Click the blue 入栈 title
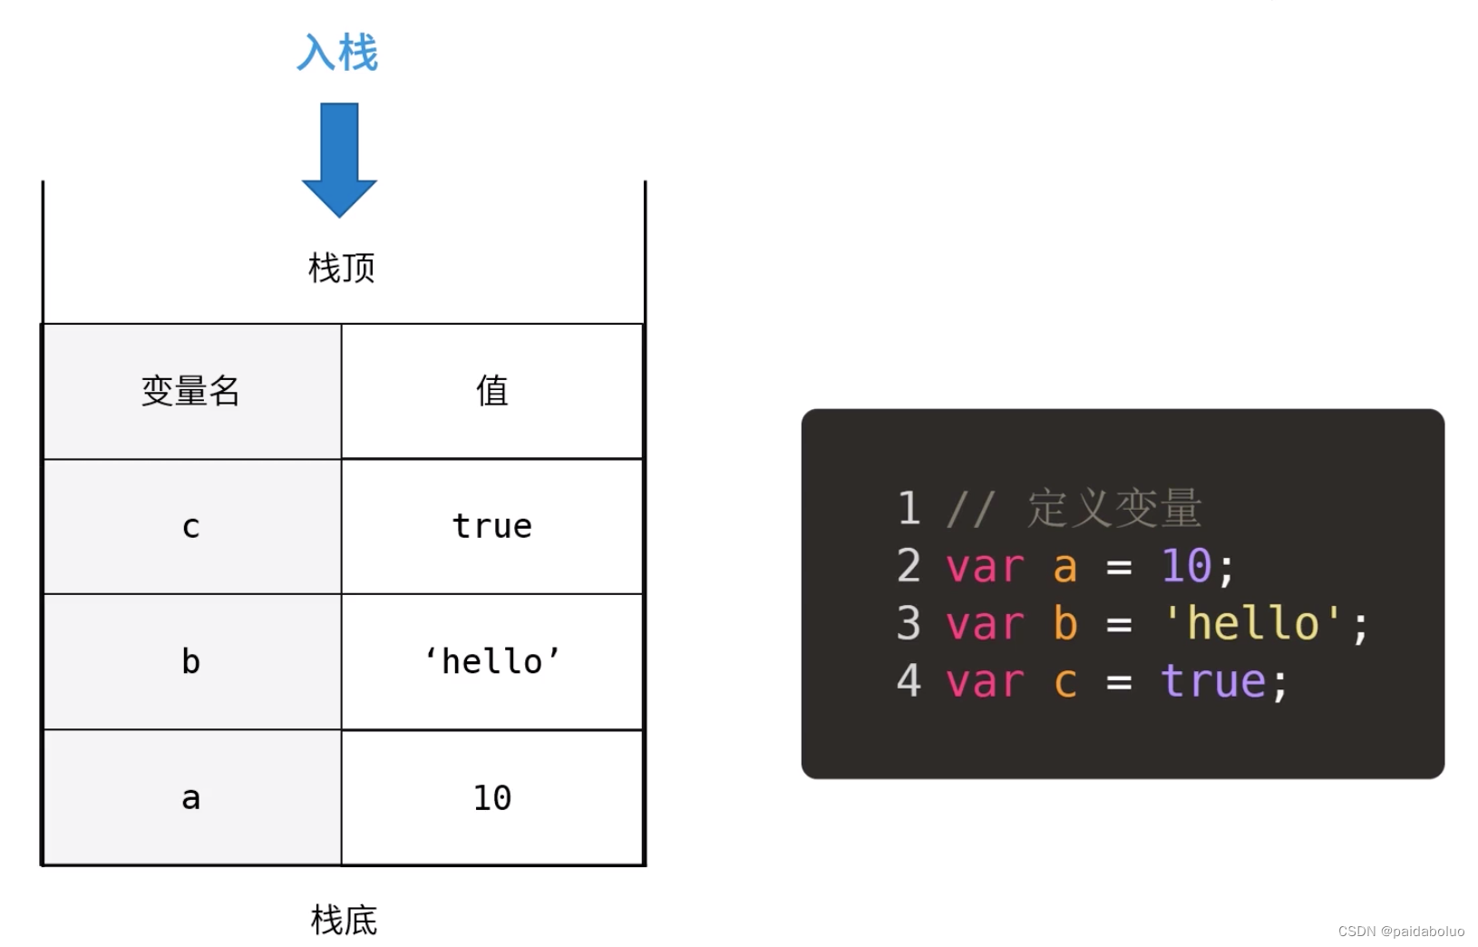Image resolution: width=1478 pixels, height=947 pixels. click(x=337, y=53)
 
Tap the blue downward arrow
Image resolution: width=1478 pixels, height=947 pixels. click(x=339, y=159)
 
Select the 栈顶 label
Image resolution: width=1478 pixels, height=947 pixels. click(x=342, y=268)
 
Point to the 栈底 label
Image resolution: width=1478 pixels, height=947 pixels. click(x=344, y=920)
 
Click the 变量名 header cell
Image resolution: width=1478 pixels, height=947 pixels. click(x=191, y=391)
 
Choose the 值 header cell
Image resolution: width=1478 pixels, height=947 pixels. click(x=492, y=391)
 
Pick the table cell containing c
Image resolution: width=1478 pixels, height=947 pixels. click(x=191, y=526)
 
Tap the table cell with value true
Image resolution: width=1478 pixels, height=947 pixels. click(x=492, y=526)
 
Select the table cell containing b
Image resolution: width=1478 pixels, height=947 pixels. click(x=191, y=662)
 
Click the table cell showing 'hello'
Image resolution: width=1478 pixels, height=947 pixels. click(x=492, y=662)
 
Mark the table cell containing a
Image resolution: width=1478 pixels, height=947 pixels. click(x=191, y=798)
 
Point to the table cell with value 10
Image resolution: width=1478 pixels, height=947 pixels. click(x=492, y=798)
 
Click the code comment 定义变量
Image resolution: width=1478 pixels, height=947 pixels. click(x=1113, y=508)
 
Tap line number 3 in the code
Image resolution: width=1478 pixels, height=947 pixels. click(x=909, y=623)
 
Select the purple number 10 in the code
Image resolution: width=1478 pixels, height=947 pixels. click(x=1186, y=566)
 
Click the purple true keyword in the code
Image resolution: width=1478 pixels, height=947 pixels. click(x=1213, y=681)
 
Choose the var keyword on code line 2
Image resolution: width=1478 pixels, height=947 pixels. click(x=985, y=566)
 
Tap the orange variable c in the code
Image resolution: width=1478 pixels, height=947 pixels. click(x=1065, y=681)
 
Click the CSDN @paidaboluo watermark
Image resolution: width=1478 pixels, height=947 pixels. click(x=1401, y=932)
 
